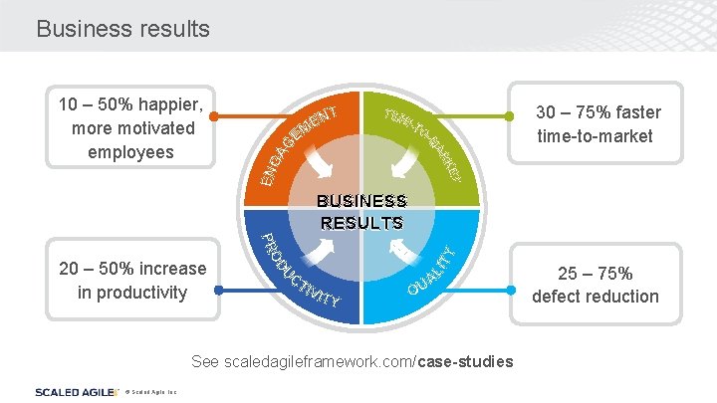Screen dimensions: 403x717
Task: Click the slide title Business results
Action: click(122, 29)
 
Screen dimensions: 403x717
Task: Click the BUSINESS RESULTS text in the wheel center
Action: click(361, 212)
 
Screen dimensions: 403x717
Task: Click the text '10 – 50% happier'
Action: click(130, 104)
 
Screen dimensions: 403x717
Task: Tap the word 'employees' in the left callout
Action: click(130, 152)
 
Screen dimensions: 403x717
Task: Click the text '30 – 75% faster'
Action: click(598, 112)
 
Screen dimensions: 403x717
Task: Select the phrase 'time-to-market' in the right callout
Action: click(595, 136)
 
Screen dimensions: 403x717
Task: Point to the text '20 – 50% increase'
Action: click(132, 269)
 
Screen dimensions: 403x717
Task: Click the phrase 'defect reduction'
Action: click(596, 296)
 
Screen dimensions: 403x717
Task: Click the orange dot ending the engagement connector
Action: click(214, 116)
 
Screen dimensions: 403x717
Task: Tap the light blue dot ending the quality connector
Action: click(511, 292)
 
